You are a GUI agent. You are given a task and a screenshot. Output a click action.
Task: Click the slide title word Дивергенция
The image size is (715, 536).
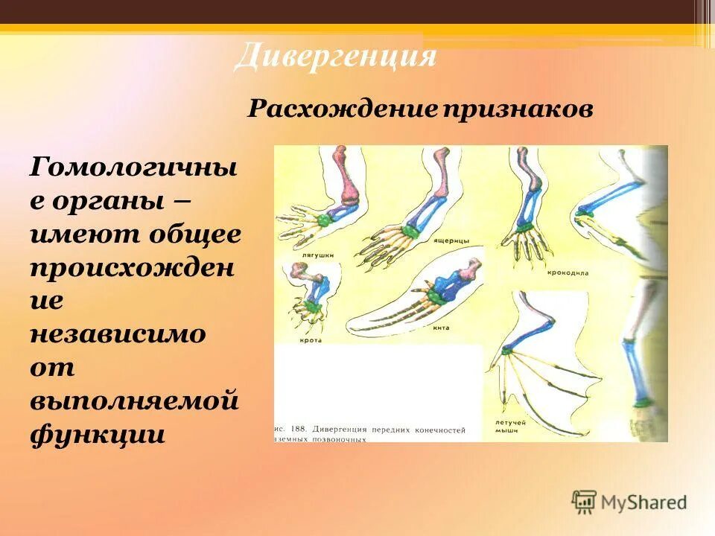334,57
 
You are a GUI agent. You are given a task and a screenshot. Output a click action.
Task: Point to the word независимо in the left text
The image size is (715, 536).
118,334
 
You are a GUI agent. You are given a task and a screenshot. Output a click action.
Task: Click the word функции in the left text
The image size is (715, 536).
97,433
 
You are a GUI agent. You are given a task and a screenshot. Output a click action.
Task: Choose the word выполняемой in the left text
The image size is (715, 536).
134,400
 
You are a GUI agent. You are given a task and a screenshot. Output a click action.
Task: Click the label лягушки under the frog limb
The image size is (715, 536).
307,255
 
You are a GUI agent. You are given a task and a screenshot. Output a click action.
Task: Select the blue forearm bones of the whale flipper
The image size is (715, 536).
449,286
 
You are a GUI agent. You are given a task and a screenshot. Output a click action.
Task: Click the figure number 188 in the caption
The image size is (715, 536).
298,430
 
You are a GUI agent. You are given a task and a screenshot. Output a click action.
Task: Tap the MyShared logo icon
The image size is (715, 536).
584,502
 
